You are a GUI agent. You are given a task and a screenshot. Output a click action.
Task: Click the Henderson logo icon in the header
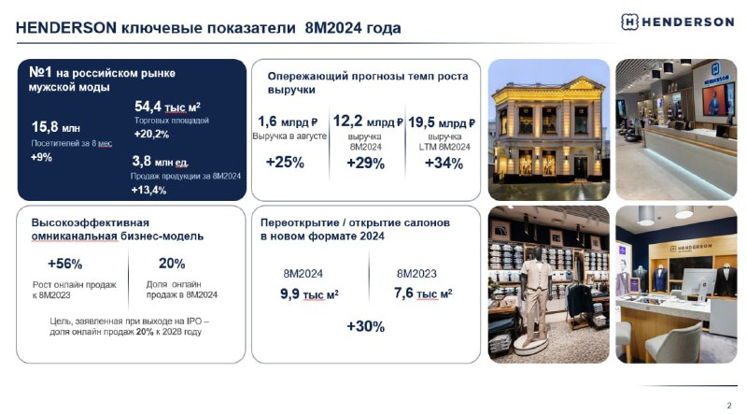629,21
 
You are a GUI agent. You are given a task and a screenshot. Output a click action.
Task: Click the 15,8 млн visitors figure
56,127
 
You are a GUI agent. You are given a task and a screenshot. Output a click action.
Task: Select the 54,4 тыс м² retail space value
167,107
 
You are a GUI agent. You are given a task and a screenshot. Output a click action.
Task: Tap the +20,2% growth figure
151,134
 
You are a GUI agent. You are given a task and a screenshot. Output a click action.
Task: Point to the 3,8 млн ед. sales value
160,161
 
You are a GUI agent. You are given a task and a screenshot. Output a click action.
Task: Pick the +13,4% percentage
148,191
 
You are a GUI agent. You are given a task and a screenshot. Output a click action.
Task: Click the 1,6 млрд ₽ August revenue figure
288,122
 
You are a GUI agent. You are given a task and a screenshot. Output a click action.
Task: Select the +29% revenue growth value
365,164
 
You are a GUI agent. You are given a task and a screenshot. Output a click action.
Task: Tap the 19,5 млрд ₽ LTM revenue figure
442,122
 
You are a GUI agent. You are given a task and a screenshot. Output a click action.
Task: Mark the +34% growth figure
444,164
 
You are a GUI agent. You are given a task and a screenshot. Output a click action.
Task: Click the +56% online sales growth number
64,264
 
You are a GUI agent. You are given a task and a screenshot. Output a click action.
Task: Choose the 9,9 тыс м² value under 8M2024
309,293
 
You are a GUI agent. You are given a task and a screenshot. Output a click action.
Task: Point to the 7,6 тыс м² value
423,293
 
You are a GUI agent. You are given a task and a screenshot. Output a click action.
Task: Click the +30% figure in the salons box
365,326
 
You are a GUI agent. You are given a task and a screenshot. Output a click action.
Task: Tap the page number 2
729,406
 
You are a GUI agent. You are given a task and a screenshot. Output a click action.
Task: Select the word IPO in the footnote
194,321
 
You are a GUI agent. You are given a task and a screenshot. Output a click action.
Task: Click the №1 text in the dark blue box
40,72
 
